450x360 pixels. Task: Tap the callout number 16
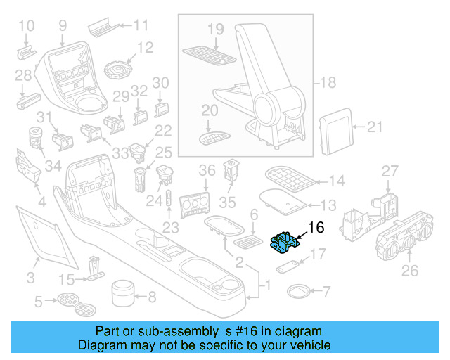(x=316, y=227)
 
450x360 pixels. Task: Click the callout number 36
(x=206, y=170)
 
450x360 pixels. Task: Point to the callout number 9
(x=63, y=26)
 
